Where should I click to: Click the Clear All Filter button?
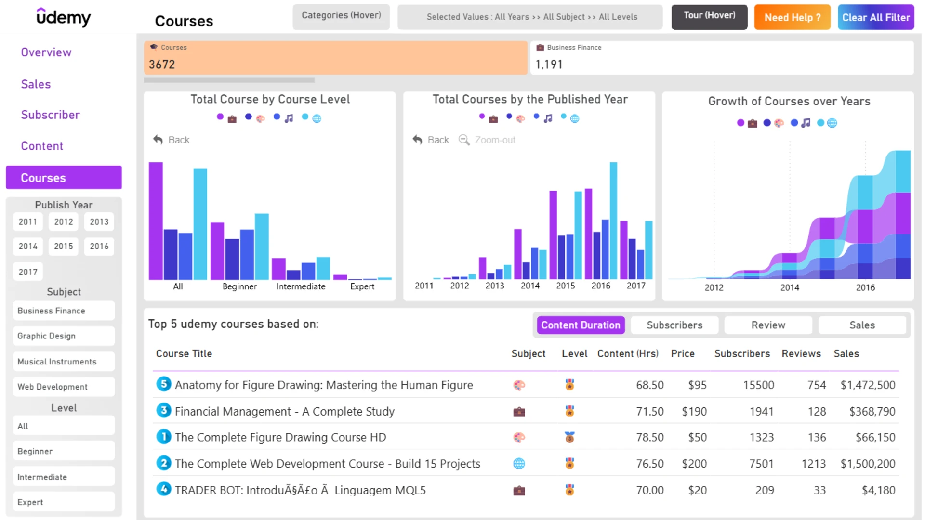pyautogui.click(x=875, y=17)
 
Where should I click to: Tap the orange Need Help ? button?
pyautogui.click(x=792, y=17)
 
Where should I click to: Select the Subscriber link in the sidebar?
pyautogui.click(x=50, y=115)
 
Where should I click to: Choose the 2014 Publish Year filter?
pyautogui.click(x=28, y=246)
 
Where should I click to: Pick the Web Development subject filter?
pyautogui.click(x=64, y=387)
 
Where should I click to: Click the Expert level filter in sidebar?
pyautogui.click(x=64, y=502)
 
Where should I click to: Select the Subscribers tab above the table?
pyautogui.click(x=674, y=325)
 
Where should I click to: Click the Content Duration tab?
pyautogui.click(x=581, y=325)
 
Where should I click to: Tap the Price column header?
pyautogui.click(x=683, y=353)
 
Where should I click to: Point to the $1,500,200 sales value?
pyautogui.click(x=868, y=464)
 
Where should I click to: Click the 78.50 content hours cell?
pyautogui.click(x=649, y=437)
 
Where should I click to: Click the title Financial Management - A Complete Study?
pyautogui.click(x=284, y=411)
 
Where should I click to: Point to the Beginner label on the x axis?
pyautogui.click(x=239, y=286)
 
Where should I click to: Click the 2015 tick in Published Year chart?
pyautogui.click(x=565, y=286)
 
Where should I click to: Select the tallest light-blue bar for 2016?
pyautogui.click(x=613, y=221)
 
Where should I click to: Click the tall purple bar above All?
pyautogui.click(x=156, y=221)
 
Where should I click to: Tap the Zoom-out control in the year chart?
pyautogui.click(x=487, y=140)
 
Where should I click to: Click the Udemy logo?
pyautogui.click(x=63, y=17)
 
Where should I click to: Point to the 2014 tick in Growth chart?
pyautogui.click(x=790, y=287)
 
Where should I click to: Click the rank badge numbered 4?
pyautogui.click(x=164, y=489)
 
